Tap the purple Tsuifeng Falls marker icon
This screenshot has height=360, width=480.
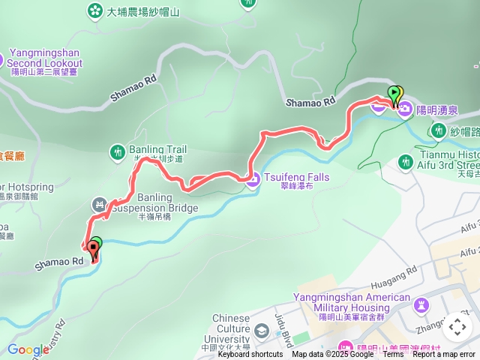click(252, 178)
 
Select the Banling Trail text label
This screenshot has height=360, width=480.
click(157, 149)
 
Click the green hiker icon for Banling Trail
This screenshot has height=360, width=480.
click(118, 152)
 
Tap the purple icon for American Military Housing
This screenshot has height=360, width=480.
click(421, 304)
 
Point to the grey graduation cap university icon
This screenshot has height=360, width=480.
click(261, 331)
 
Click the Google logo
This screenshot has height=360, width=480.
click(28, 350)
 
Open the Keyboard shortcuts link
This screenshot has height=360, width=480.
click(250, 355)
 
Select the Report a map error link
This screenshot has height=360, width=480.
click(444, 355)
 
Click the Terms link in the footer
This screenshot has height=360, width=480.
click(393, 355)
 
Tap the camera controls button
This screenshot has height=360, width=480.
click(457, 326)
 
